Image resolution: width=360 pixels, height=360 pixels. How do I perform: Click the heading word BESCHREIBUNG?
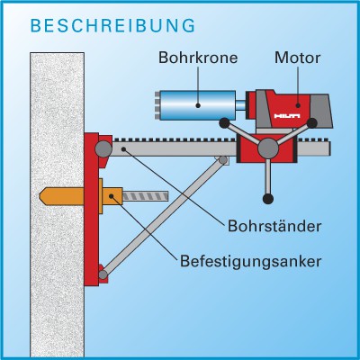pos(112,25)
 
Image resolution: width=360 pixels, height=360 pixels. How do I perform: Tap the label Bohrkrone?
pos(198,58)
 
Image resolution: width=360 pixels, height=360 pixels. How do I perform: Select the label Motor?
pos(298,58)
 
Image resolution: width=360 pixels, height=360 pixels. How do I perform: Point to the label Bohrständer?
pos(274,226)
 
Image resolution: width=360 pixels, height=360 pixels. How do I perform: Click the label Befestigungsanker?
pos(250,261)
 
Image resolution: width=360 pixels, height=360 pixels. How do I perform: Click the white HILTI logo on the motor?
pos(287,116)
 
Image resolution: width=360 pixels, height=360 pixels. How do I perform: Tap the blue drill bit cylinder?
pos(197,105)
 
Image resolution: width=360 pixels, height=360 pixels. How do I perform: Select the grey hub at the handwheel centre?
pos(268,148)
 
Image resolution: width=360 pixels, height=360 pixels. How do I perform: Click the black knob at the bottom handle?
pos(268,198)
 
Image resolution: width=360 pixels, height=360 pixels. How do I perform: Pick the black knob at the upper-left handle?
pos(224,123)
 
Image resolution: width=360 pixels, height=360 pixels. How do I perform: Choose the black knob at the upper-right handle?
pos(312,123)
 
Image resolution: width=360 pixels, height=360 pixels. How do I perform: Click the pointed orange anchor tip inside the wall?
pos(44,196)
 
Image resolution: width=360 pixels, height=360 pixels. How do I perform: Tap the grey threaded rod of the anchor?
pos(146,196)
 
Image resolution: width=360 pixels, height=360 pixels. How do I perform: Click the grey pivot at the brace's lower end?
pos(103,274)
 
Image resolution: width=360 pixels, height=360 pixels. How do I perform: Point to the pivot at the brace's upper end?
pos(223,160)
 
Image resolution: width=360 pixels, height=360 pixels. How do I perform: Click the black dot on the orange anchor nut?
pos(112,196)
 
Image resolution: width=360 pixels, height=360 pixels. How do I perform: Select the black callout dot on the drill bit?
pos(198,105)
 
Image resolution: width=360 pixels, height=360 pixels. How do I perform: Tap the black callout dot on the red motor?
pos(298,105)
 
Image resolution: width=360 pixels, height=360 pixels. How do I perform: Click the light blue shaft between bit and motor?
pos(241,105)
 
